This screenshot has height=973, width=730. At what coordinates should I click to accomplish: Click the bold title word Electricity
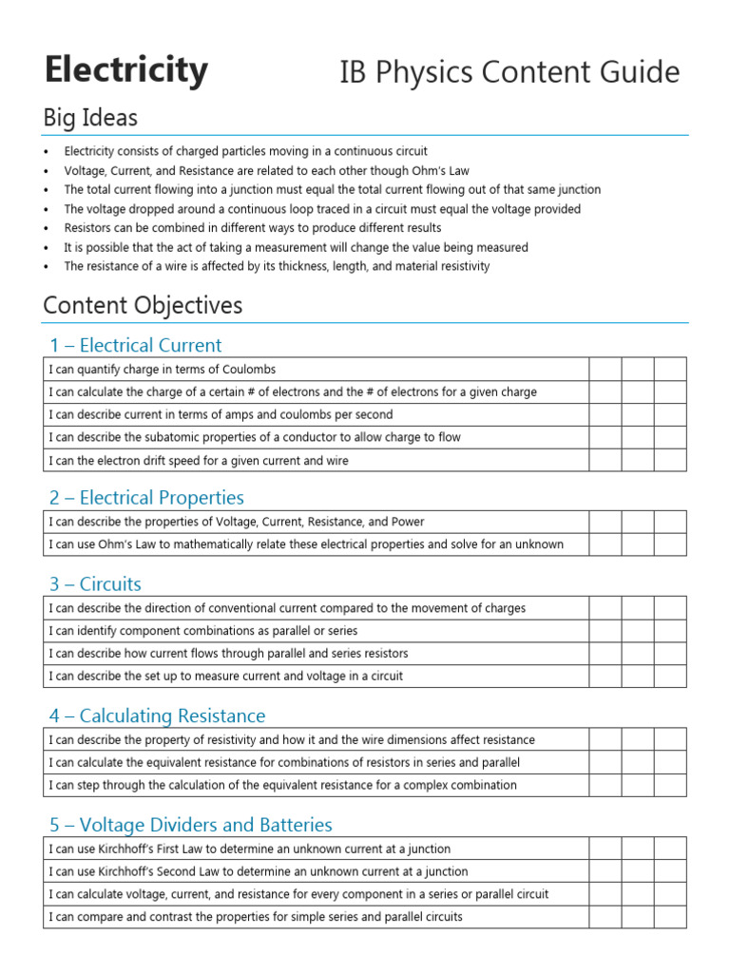click(125, 70)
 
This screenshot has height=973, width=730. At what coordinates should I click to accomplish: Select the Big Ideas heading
click(90, 118)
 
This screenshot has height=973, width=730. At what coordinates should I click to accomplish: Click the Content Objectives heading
click(143, 305)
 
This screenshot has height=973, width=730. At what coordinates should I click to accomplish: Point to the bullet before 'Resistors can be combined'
click(46, 228)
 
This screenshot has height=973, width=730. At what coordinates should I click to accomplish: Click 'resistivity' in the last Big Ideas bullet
click(460, 266)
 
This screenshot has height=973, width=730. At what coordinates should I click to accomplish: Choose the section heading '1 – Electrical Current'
click(136, 345)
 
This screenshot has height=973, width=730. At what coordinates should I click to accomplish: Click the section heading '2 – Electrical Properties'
click(146, 497)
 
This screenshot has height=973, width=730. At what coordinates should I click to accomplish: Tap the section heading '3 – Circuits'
click(95, 583)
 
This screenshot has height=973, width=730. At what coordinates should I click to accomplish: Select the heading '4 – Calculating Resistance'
click(158, 715)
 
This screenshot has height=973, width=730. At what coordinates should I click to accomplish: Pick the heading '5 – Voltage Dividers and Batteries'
click(190, 824)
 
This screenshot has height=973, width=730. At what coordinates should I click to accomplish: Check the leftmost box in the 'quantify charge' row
click(605, 369)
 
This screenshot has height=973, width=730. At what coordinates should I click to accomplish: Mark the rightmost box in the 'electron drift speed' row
click(670, 460)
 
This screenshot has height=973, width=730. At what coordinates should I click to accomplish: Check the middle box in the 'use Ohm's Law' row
click(638, 544)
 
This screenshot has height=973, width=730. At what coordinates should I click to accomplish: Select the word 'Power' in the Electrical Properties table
click(406, 522)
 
